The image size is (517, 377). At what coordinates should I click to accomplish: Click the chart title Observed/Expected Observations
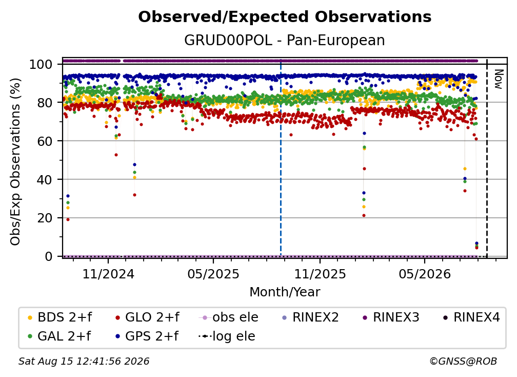[x=285, y=17]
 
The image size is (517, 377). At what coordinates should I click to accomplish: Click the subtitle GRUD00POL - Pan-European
[x=285, y=40]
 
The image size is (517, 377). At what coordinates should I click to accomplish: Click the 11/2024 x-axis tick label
[x=108, y=274]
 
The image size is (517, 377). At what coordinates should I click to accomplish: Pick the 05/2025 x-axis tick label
[x=213, y=274]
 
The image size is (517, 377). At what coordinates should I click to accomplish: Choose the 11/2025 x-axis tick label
[x=320, y=274]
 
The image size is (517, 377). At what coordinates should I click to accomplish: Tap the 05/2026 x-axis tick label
[x=424, y=274]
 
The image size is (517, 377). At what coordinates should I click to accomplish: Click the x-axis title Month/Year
[x=285, y=292]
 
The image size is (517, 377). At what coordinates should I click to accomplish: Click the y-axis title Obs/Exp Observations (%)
[x=15, y=161]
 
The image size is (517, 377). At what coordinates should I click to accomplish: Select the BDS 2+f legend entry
[x=59, y=317]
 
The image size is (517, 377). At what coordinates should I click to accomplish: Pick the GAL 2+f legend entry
[x=59, y=336]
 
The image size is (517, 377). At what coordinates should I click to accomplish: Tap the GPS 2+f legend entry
[x=147, y=336]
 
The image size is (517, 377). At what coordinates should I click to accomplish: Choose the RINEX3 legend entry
[x=391, y=317]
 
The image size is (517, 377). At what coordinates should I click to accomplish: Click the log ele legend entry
[x=227, y=336]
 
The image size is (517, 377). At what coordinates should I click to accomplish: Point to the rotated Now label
[x=498, y=79]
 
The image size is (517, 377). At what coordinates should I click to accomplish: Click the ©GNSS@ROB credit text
[x=463, y=361]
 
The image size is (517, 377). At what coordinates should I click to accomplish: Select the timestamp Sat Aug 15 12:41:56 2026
[x=84, y=361]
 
